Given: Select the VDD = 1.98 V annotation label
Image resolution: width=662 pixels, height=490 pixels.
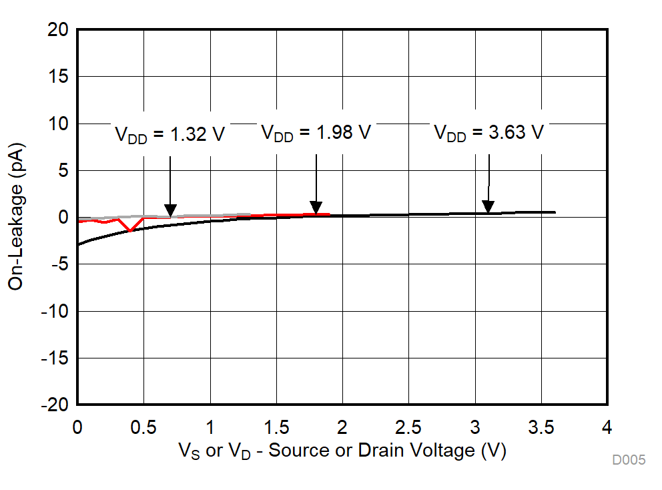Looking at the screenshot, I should pos(315,133).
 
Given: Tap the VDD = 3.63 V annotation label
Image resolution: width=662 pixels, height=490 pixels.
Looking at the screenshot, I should pos(488,132).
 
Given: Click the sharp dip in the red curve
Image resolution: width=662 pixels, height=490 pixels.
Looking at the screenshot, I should pos(131,231).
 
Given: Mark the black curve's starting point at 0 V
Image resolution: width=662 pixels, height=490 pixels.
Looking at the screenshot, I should pos(78,244).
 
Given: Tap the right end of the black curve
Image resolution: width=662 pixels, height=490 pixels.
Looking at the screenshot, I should pos(555,212).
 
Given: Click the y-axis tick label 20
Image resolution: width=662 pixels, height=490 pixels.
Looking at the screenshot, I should pos(59,30).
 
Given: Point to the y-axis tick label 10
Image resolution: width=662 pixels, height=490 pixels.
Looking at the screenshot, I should pos(59,124).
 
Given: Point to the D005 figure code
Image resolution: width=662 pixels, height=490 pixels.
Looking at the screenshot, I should pos(629,460).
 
